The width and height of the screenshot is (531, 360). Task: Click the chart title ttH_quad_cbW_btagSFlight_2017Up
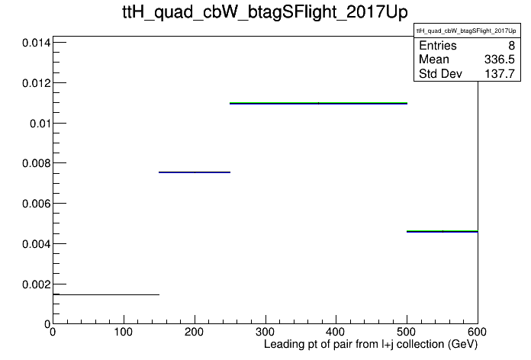[x=265, y=12]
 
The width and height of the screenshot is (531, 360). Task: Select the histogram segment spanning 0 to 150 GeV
[x=106, y=294]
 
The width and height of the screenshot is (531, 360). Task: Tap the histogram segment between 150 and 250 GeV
[x=195, y=172]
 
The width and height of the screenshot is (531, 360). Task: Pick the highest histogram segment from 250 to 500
[x=318, y=103]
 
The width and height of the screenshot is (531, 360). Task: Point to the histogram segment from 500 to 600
[x=443, y=231]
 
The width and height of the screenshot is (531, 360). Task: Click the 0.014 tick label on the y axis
[x=36, y=43]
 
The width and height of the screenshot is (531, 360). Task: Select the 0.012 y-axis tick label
[x=36, y=83]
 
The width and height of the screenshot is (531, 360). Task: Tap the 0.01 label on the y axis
[x=40, y=124]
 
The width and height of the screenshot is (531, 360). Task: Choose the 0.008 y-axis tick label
[x=36, y=163]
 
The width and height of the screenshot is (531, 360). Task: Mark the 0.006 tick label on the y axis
[x=36, y=204]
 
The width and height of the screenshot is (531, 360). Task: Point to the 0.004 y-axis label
[x=36, y=244]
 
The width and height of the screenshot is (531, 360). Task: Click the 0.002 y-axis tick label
[x=36, y=284]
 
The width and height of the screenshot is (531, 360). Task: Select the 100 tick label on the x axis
[x=124, y=332]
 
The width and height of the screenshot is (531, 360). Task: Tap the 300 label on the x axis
[x=265, y=332]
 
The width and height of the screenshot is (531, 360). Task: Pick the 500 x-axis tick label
[x=407, y=332]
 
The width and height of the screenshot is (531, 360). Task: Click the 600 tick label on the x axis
[x=477, y=332]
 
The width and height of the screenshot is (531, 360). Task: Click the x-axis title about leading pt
[x=371, y=345]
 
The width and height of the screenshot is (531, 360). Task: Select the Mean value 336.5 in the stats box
[x=500, y=59]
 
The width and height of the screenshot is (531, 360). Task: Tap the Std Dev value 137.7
[x=500, y=73]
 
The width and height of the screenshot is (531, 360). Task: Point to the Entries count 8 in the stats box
[x=511, y=45]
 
